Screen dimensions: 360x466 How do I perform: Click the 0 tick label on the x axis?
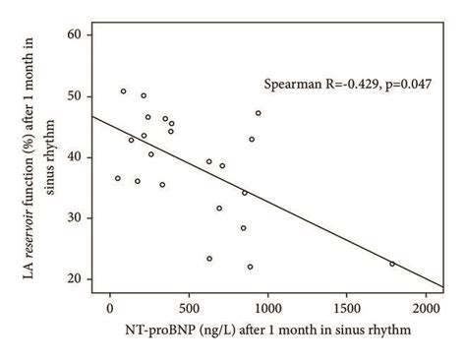110,307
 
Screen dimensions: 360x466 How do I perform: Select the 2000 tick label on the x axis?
426,307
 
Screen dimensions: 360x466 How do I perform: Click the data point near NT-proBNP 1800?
392,264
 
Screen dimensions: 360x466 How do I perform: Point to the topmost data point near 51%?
123,91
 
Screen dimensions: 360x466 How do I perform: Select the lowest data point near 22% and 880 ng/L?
250,267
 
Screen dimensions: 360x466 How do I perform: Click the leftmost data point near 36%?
118,178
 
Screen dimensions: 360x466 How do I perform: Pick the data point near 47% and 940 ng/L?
259,113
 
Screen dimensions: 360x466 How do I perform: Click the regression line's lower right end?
443,287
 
